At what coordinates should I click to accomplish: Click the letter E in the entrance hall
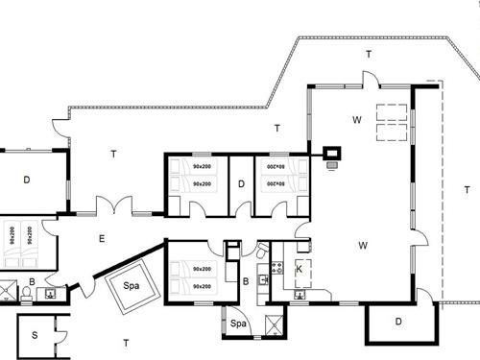102,239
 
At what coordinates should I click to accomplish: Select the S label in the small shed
35,335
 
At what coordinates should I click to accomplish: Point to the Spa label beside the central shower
239,324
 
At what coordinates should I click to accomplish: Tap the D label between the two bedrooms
242,183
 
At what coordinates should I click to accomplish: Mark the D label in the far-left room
27,180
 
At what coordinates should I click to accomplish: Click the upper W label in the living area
355,120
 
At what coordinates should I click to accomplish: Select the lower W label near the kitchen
363,246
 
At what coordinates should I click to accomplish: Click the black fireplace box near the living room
333,153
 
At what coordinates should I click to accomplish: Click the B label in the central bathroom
247,280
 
